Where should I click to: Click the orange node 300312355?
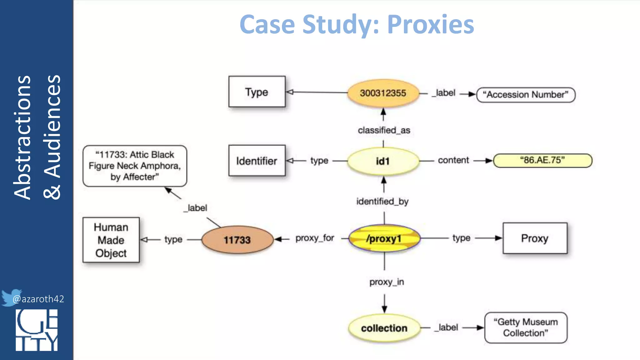coord(383,93)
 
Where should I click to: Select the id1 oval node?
coord(383,161)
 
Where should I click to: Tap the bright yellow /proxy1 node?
coord(384,239)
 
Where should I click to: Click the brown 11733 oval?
coord(237,240)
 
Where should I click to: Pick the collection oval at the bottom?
coord(384,328)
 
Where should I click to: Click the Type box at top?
coord(257,92)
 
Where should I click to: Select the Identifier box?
coord(257,161)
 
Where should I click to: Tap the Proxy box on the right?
coord(535,238)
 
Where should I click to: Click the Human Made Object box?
coord(111,240)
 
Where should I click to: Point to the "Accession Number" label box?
coord(526,95)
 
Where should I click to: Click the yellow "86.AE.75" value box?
coord(542,160)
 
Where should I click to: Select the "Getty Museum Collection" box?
coord(526,327)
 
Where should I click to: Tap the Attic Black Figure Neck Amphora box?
coord(135,166)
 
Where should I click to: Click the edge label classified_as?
coord(384,130)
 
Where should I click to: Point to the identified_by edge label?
coord(382,202)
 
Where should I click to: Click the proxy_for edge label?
coord(315,238)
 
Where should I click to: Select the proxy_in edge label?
coord(387,282)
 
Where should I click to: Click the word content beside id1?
coord(453,160)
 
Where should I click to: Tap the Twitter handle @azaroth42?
coord(38,299)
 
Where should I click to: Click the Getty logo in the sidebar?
coord(37,330)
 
